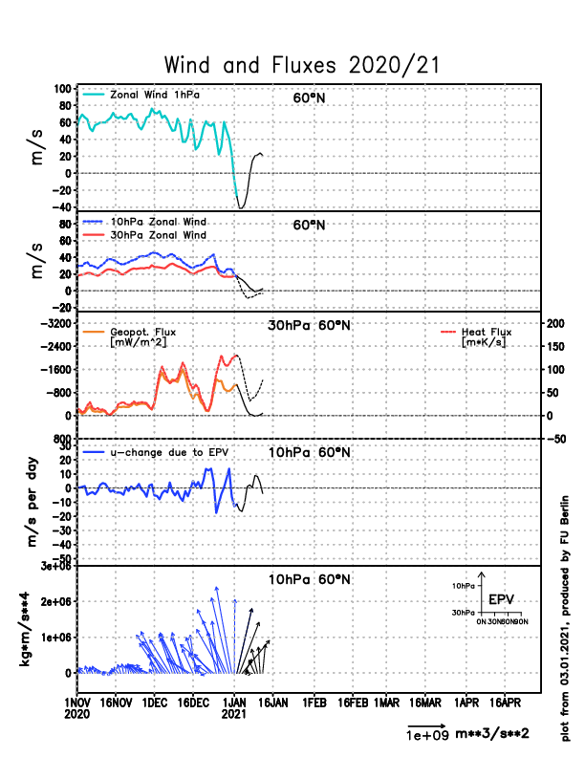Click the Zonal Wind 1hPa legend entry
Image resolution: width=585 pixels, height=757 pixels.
tap(155, 95)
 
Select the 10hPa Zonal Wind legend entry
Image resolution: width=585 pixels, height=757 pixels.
tap(159, 222)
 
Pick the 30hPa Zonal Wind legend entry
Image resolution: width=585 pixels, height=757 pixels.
tap(159, 234)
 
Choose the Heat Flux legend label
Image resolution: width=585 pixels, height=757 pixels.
tap(486, 332)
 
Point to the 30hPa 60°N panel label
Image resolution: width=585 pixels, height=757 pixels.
tap(309, 325)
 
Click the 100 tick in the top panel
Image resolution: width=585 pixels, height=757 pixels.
tap(62, 89)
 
